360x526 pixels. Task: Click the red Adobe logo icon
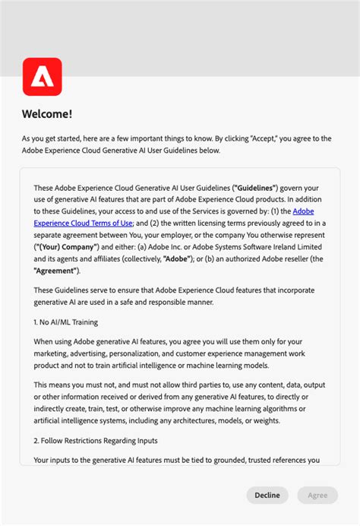pyautogui.click(x=43, y=77)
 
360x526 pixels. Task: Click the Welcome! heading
pyautogui.click(x=47, y=114)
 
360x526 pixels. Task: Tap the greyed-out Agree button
pyautogui.click(x=317, y=495)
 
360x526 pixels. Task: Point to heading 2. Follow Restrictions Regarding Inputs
pyautogui.click(x=95, y=440)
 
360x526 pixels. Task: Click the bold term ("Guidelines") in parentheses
pyautogui.click(x=255, y=187)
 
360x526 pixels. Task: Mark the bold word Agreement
pyautogui.click(x=56, y=271)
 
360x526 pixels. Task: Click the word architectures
pyautogui.click(x=199, y=420)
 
